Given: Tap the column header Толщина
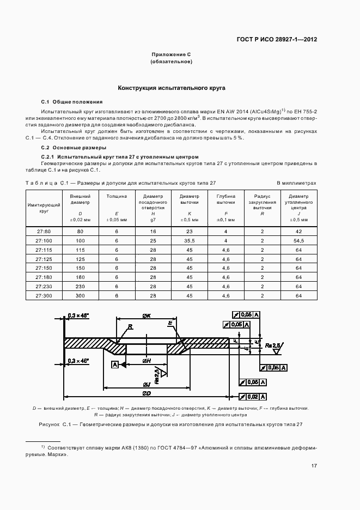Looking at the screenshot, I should click(x=117, y=196).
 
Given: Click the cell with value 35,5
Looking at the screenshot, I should click(x=190, y=240).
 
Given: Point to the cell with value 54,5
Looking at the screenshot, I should click(x=298, y=240).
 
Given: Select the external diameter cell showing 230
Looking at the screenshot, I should click(x=81, y=286).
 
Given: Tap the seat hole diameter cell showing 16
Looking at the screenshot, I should click(x=153, y=232).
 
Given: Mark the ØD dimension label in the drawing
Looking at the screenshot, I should click(x=147, y=393).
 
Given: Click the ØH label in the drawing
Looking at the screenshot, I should click(x=147, y=361).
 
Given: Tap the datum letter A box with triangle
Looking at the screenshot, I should click(x=115, y=365).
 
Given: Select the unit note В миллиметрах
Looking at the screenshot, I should click(x=296, y=183).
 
